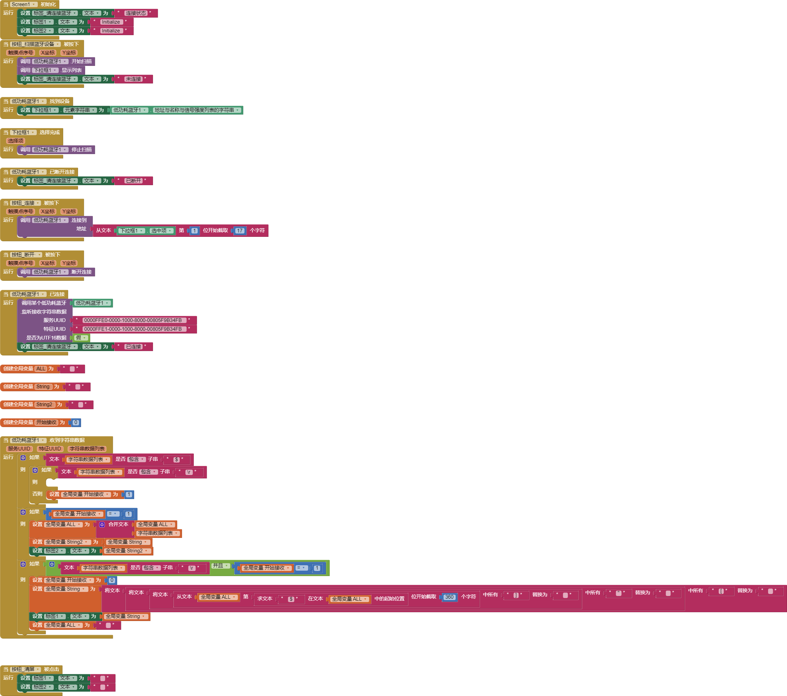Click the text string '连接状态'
coord(136,13)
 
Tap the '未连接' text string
coord(133,79)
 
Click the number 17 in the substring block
coord(240,231)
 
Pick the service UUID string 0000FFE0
coord(132,320)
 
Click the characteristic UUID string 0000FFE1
coord(132,329)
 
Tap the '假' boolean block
coord(80,338)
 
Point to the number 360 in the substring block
coord(449,597)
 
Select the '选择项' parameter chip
coord(16,141)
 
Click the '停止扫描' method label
coord(82,149)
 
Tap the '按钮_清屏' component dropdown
coord(25,669)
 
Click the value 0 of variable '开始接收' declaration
coord(76,423)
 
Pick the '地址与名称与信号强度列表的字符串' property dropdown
coord(196,110)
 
